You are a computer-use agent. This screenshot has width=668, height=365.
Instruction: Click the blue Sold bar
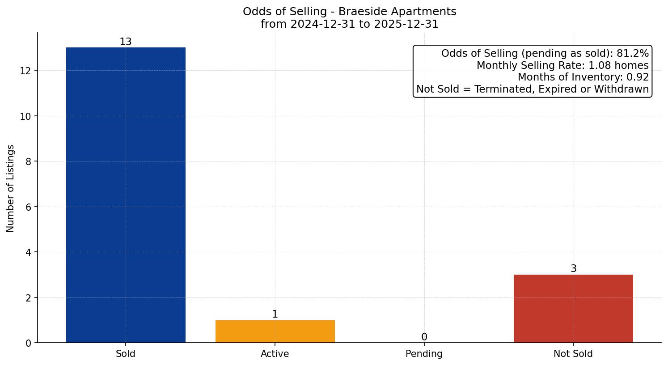pyautogui.click(x=126, y=195)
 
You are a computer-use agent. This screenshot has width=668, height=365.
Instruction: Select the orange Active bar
pyautogui.click(x=275, y=331)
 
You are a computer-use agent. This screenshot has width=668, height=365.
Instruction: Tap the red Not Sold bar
pyautogui.click(x=573, y=309)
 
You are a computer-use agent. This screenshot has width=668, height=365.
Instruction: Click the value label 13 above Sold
pyautogui.click(x=126, y=42)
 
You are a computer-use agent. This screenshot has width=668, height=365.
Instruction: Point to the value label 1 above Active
pyautogui.click(x=275, y=314)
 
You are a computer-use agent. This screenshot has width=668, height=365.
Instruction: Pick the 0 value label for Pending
pyautogui.click(x=424, y=337)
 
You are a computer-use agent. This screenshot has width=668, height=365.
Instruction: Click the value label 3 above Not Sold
pyautogui.click(x=573, y=269)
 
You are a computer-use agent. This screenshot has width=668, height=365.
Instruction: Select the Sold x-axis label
pyautogui.click(x=126, y=354)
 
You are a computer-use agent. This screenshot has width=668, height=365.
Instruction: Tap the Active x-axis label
pyautogui.click(x=275, y=354)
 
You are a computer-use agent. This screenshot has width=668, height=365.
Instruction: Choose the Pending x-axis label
pyautogui.click(x=424, y=354)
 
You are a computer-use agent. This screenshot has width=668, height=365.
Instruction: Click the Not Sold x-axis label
pyautogui.click(x=573, y=354)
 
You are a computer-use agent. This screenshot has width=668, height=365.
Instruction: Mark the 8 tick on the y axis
pyautogui.click(x=28, y=161)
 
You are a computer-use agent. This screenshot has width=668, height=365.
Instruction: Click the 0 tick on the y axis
pyautogui.click(x=28, y=343)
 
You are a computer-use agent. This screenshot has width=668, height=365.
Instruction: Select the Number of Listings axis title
pyautogui.click(x=11, y=188)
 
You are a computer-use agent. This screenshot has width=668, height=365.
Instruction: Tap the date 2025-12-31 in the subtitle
pyautogui.click(x=406, y=24)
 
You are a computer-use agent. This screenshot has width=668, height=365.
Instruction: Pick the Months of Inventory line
pyautogui.click(x=583, y=77)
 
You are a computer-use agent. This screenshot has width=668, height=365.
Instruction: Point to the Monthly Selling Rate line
pyautogui.click(x=562, y=65)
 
